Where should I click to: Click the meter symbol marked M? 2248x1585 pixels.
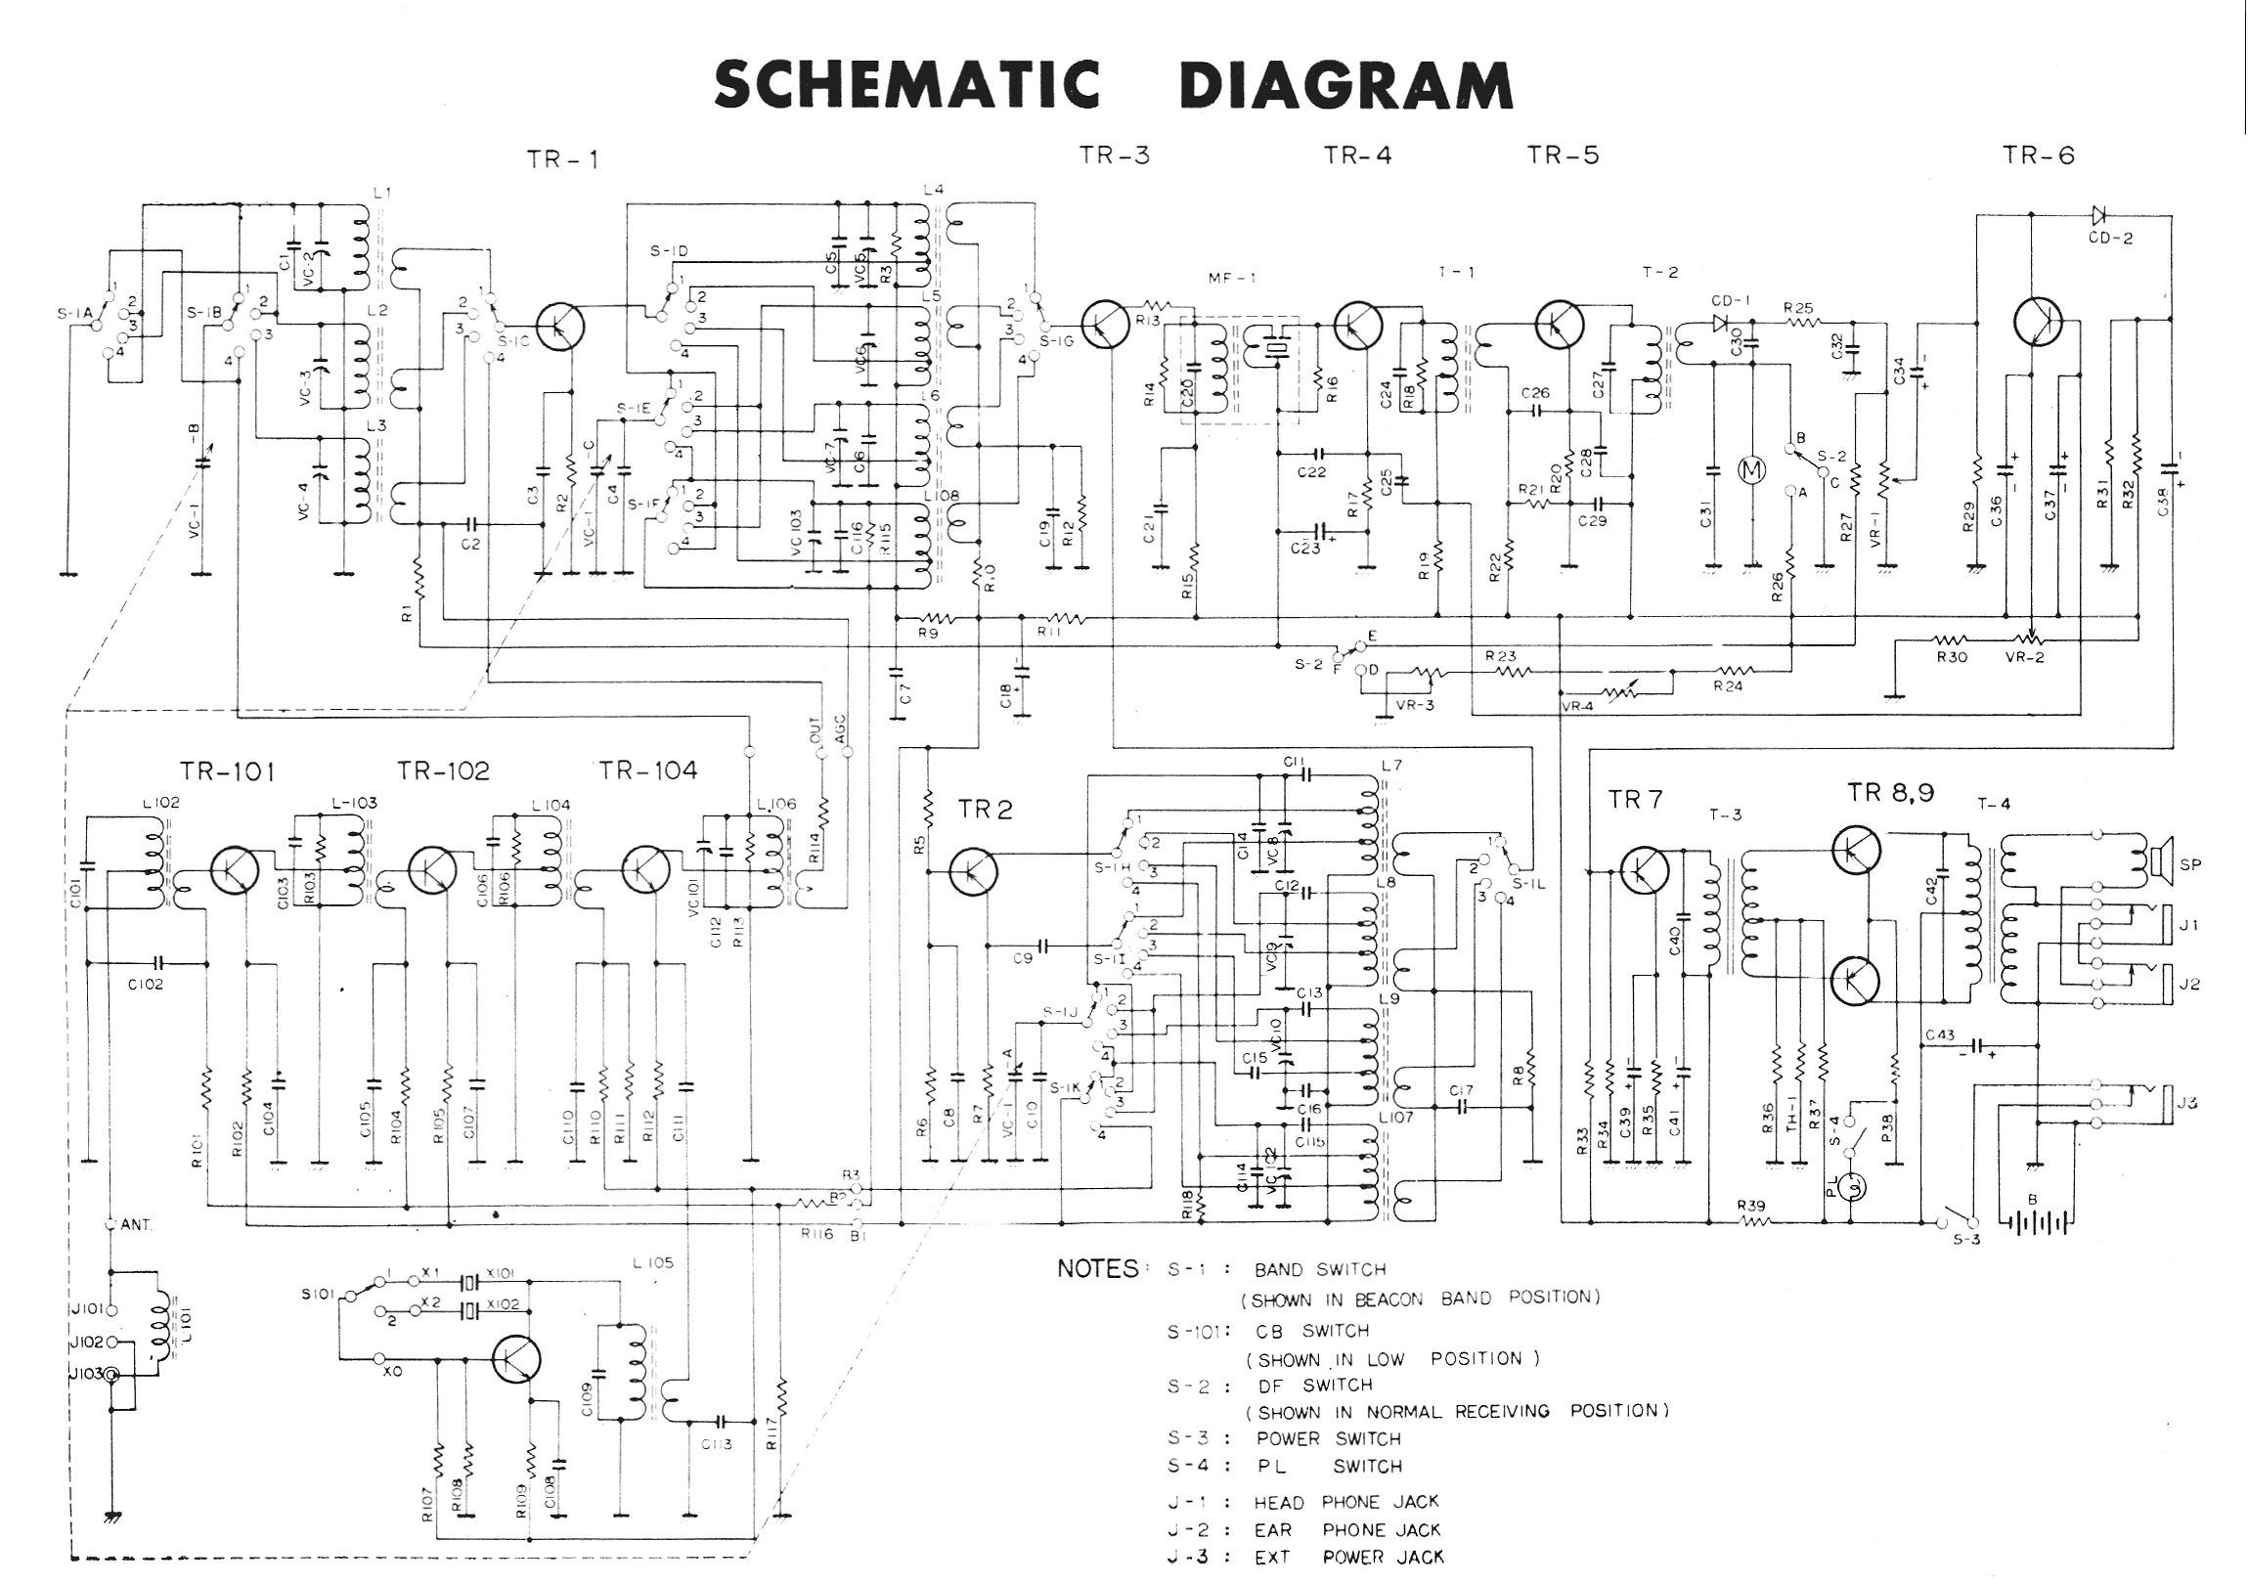1748,471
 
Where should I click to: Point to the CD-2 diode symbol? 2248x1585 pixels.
2099,214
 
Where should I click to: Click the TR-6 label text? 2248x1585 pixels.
2039,155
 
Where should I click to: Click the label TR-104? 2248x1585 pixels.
648,771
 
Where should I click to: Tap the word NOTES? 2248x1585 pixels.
1097,1269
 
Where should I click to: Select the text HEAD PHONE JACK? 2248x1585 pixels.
1346,1502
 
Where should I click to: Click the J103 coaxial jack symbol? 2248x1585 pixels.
113,1376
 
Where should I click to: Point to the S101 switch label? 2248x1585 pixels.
320,1295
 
